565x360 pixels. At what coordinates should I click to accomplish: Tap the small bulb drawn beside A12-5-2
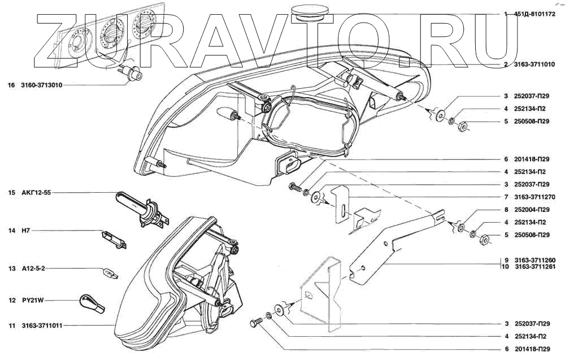tap(110, 274)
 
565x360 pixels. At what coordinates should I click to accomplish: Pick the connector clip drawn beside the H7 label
tap(113, 238)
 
